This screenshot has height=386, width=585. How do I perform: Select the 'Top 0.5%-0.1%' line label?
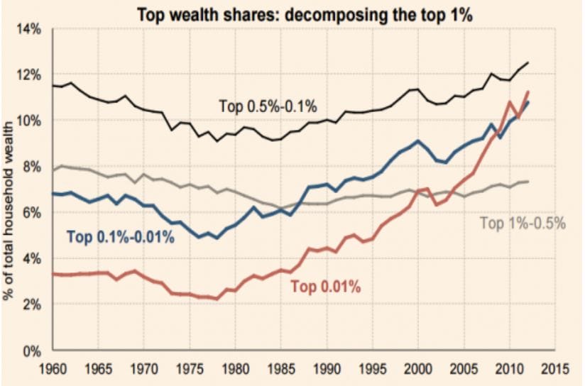tap(268, 106)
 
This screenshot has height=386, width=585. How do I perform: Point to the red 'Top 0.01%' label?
tap(326, 287)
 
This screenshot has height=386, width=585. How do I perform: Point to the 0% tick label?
tap(34, 351)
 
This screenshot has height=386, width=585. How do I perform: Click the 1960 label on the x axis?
tap(54, 369)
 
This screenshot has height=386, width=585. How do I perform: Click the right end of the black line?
tap(528, 63)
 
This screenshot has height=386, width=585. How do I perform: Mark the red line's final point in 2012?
tap(528, 92)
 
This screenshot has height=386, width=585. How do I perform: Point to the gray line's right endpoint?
tap(528, 182)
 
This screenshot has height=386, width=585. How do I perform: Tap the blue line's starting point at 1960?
tap(54, 194)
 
